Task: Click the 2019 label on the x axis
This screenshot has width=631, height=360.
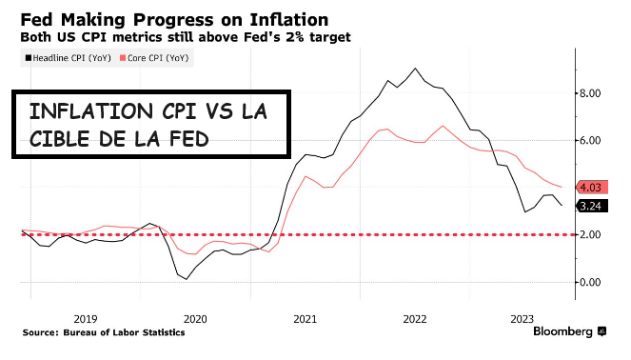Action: tap(85, 318)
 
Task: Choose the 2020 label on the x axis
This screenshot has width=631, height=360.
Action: tap(195, 318)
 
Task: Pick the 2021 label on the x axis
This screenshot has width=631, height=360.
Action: tap(305, 318)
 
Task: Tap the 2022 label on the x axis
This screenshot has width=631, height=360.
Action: tap(415, 318)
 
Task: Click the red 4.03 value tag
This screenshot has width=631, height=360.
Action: tap(590, 188)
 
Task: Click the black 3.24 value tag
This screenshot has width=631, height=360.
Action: tap(590, 206)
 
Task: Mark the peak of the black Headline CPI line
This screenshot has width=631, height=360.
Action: tap(415, 69)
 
